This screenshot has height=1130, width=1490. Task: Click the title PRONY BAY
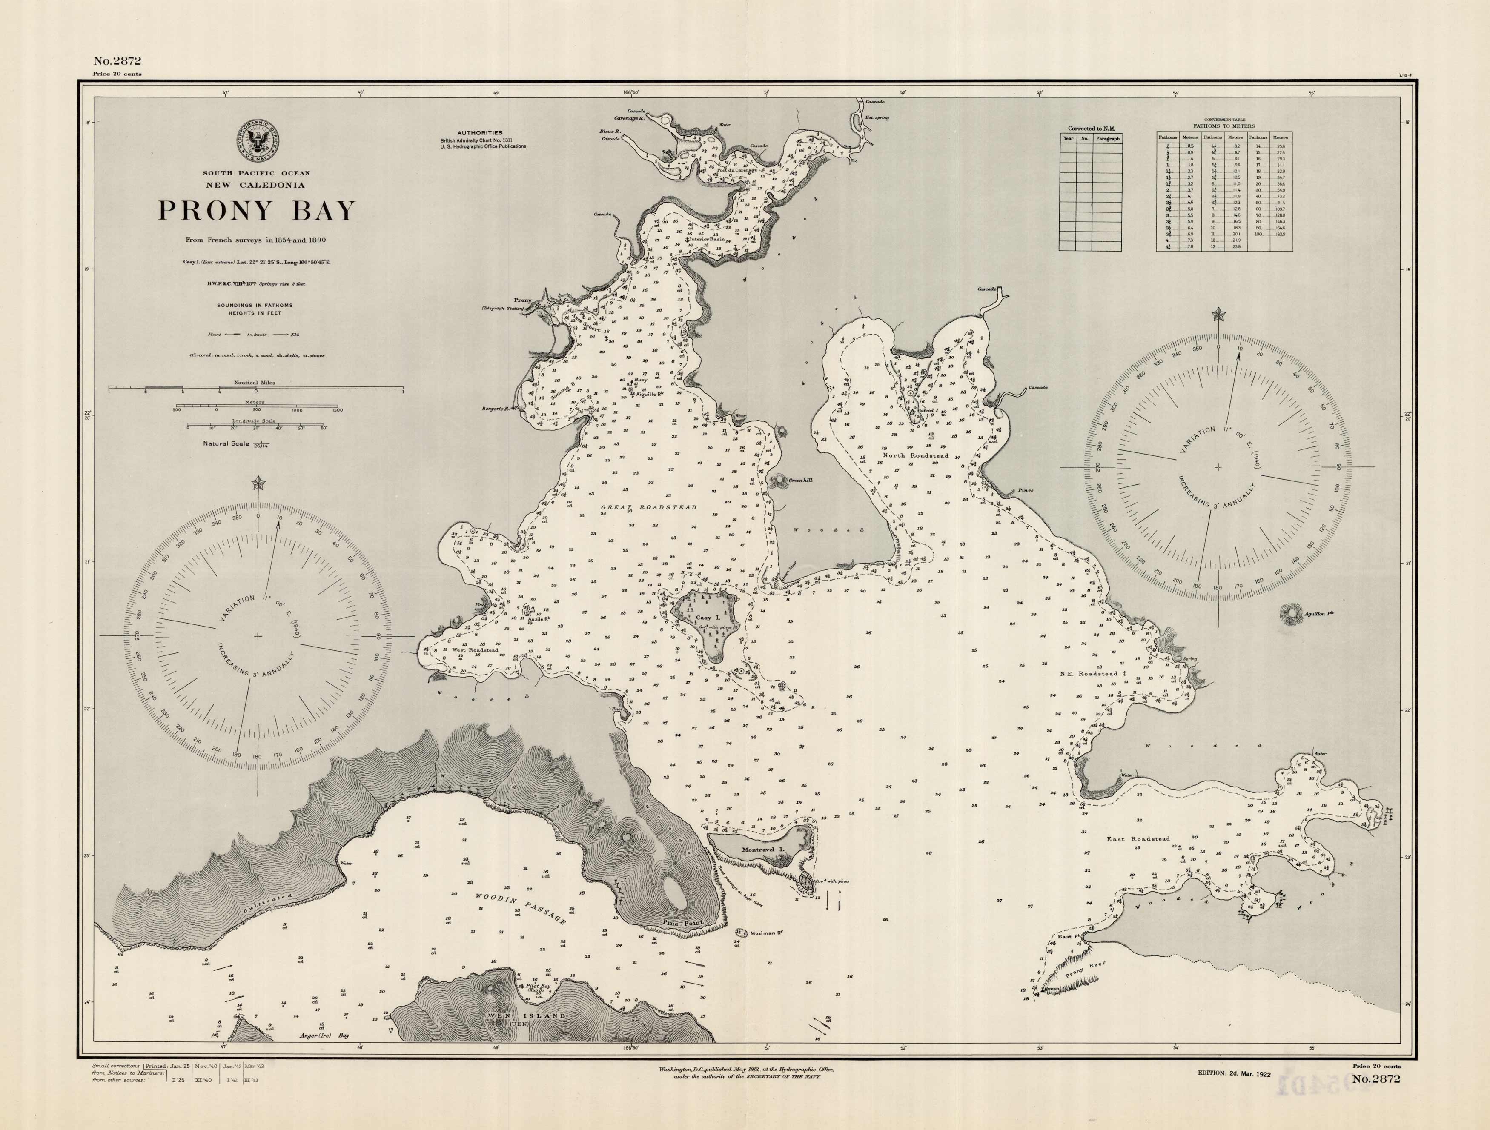(256, 211)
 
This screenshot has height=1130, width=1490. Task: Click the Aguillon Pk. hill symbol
(1291, 613)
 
